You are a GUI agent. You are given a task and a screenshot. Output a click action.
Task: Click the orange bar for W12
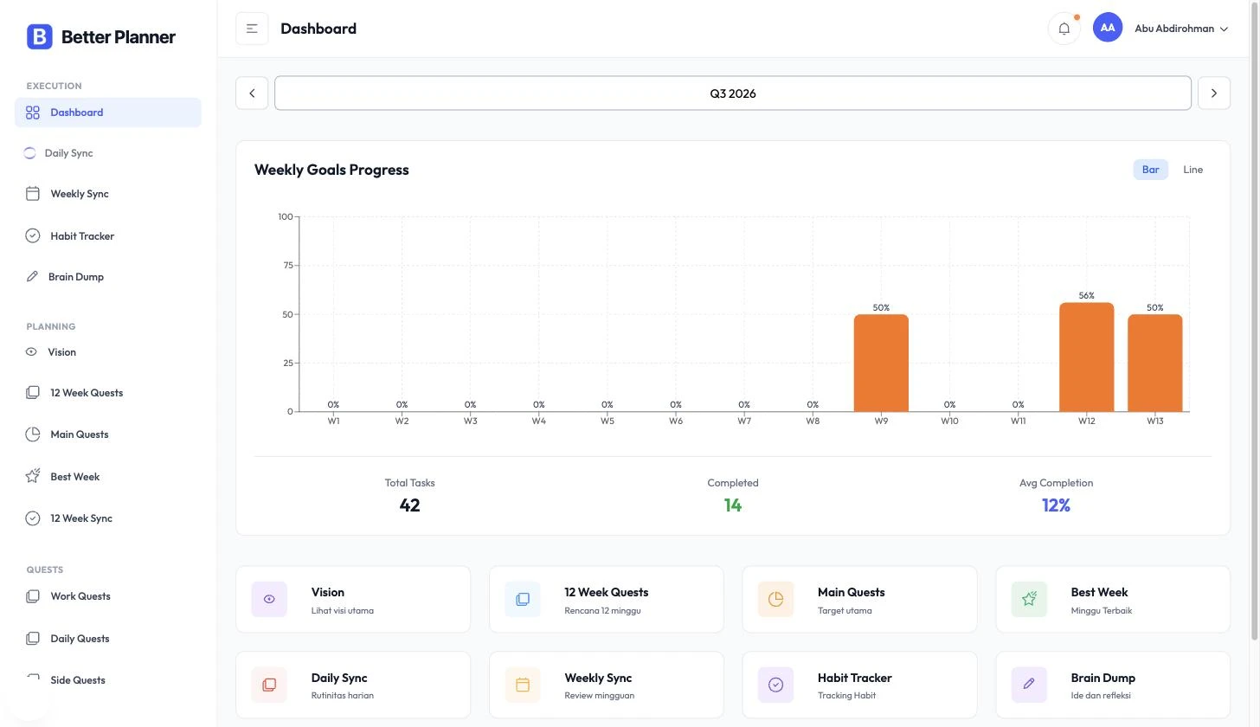click(x=1086, y=357)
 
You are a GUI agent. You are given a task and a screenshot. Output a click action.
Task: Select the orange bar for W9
click(x=881, y=363)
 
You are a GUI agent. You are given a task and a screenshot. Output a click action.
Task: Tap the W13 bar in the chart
click(x=1154, y=363)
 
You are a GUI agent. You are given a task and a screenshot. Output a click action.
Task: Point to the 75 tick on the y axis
click(x=288, y=265)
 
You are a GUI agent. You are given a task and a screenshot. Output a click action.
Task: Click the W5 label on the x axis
click(x=607, y=421)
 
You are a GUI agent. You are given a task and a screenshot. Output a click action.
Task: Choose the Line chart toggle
click(x=1192, y=170)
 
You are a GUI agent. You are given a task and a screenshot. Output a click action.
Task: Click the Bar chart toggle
click(x=1150, y=170)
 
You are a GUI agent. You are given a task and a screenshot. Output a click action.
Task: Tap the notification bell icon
click(x=1064, y=29)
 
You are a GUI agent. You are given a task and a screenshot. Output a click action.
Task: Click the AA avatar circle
click(x=1107, y=28)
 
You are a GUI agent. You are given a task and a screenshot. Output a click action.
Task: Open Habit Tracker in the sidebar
click(x=82, y=235)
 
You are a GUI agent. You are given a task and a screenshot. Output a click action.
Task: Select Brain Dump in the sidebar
click(x=76, y=277)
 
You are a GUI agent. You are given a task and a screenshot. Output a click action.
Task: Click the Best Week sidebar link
click(x=74, y=477)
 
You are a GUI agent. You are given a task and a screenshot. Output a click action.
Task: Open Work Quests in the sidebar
click(x=80, y=596)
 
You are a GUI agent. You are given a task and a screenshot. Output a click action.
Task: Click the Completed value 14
click(x=732, y=505)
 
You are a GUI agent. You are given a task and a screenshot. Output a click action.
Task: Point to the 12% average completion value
click(x=1056, y=505)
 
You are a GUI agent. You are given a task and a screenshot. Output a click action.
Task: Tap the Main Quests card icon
click(x=775, y=599)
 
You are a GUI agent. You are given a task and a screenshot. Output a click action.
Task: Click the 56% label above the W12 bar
click(x=1086, y=295)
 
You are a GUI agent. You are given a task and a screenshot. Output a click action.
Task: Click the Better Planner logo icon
click(x=40, y=36)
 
